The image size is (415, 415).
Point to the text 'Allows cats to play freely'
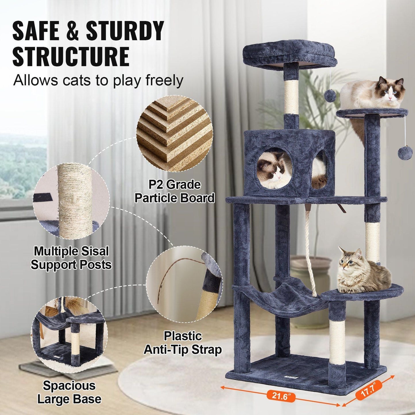pos(98,80)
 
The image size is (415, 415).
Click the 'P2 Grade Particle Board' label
pos(175,191)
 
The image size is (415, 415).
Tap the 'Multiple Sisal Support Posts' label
pos(71,258)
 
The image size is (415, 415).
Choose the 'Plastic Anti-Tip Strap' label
pos(183,343)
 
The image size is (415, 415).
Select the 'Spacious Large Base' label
pos(69,392)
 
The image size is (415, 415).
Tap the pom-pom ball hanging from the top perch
pos(330,96)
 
